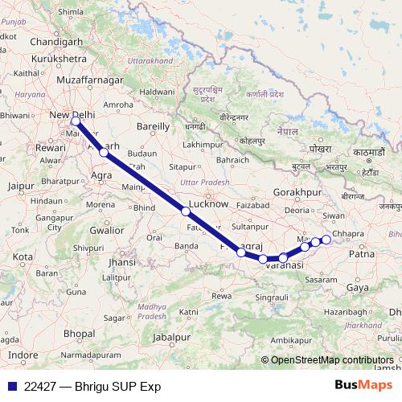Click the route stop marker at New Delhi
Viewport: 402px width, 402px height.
point(76,122)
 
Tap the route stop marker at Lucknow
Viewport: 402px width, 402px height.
point(186,211)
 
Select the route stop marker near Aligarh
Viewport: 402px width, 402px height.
point(104,152)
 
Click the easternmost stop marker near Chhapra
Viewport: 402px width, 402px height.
point(326,240)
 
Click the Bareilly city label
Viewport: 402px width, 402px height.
point(154,126)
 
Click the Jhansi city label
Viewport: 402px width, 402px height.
point(121,262)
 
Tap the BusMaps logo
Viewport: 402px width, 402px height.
point(364,386)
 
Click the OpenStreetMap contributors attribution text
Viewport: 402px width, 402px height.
point(332,359)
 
